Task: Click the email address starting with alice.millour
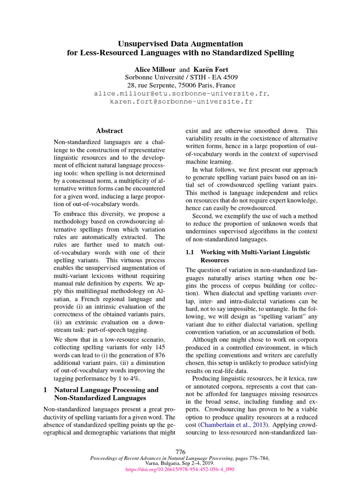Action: click(181, 93)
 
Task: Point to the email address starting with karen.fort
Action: click(181, 101)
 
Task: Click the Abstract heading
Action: click(109, 131)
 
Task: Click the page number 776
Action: click(180, 451)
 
